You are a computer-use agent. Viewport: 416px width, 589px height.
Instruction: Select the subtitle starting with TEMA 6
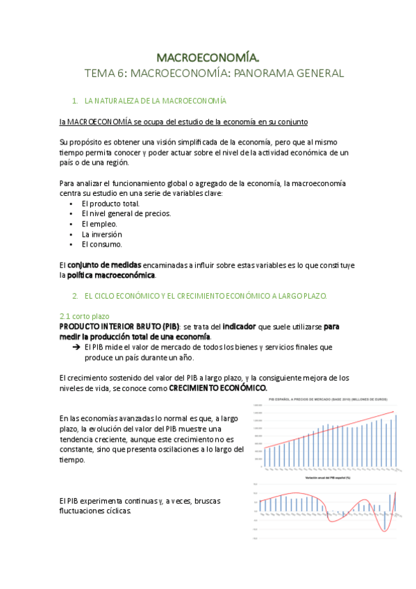coord(214,72)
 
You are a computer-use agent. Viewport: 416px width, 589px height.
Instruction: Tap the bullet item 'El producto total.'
coord(110,204)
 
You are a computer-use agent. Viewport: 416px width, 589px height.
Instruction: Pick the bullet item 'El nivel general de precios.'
coord(126,214)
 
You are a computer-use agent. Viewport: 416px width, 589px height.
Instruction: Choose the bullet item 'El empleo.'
coord(99,224)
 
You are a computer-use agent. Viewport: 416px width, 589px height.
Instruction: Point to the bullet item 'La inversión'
coord(103,234)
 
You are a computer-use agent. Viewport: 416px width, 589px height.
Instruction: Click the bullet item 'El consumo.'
coord(102,244)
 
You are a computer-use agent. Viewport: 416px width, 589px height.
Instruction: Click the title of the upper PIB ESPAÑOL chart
coord(325,401)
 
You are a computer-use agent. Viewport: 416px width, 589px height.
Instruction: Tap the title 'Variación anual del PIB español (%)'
coord(325,479)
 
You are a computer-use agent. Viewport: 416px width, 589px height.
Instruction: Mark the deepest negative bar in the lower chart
coord(384,520)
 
